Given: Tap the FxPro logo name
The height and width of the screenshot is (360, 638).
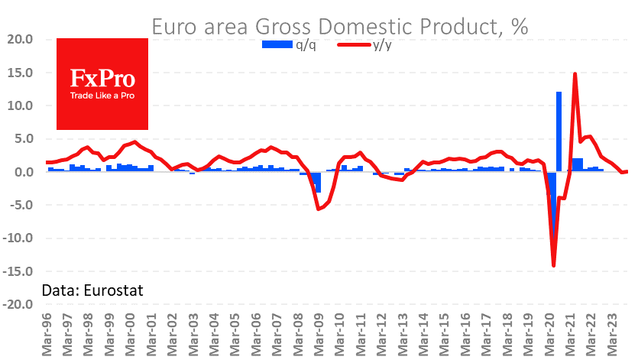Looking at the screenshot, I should (102, 79).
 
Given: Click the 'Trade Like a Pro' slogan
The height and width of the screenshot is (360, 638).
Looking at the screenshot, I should (102, 96).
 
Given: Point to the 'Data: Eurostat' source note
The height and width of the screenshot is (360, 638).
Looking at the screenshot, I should (92, 290).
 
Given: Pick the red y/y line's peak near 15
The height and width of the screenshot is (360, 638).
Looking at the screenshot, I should (575, 73).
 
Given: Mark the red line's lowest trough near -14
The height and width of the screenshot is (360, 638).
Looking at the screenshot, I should (554, 265).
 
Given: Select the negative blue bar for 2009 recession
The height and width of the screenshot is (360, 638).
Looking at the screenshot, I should (318, 182).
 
